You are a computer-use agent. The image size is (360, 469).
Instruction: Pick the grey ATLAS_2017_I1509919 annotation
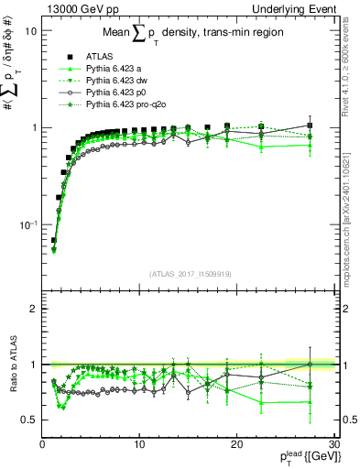[x=191, y=273]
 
